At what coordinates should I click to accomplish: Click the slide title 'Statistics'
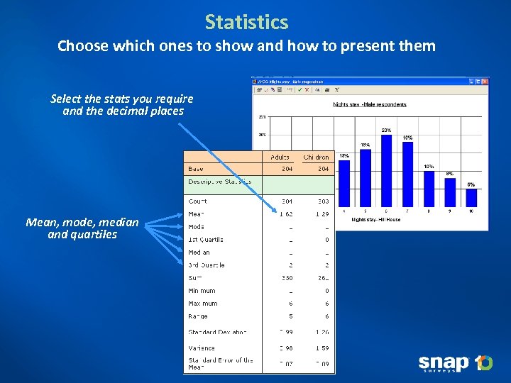246,22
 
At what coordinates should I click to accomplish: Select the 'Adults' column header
279,157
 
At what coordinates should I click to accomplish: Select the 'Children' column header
316,157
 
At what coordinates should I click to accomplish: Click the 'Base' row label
195,169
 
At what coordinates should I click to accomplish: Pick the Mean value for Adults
285,213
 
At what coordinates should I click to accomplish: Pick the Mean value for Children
322,213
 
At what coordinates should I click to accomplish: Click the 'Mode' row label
196,227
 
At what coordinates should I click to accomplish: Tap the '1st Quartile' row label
206,240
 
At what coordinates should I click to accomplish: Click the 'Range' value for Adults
290,316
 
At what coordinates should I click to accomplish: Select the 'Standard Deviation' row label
217,332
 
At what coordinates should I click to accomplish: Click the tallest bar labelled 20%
385,170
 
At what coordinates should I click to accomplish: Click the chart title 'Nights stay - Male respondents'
370,104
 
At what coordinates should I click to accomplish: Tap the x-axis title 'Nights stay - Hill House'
375,220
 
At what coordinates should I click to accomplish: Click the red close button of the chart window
484,81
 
